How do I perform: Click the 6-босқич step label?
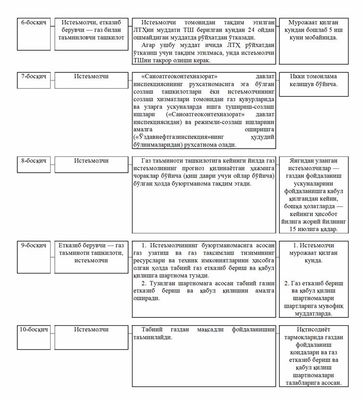tap(33, 23)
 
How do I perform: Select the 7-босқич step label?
tap(33, 76)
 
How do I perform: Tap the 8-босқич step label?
tap(33, 161)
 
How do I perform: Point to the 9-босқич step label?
tap(33, 245)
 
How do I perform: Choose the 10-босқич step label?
tap(34, 330)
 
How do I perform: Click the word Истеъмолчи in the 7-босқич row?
tap(91, 76)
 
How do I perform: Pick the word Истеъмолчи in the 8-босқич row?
tap(91, 161)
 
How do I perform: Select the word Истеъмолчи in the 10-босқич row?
tap(91, 330)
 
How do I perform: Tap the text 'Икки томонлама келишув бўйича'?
tap(313, 80)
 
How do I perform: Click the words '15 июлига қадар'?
tap(314, 229)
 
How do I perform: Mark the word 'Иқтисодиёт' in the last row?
tap(314, 330)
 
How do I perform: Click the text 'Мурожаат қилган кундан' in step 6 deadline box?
tap(313, 27)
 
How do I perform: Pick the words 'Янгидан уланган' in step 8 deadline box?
tap(314, 161)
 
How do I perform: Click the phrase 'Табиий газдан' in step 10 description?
tap(162, 330)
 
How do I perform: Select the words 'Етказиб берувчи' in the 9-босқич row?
tap(82, 245)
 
